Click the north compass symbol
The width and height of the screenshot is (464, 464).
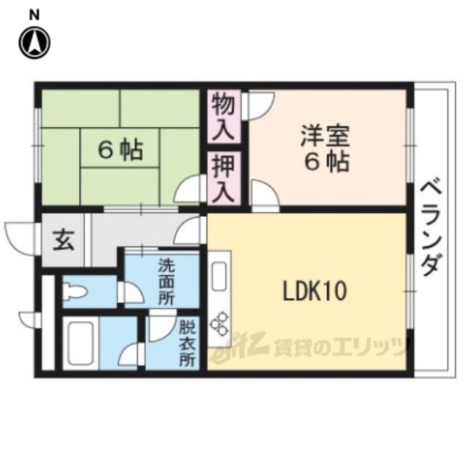click(35, 43)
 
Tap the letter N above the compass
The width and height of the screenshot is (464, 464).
click(35, 16)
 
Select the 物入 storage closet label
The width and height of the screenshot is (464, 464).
click(224, 116)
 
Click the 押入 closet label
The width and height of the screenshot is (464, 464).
click(224, 179)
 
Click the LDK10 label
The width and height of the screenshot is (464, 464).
click(315, 291)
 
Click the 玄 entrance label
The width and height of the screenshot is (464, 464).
click(64, 240)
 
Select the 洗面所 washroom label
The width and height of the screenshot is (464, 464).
click(166, 282)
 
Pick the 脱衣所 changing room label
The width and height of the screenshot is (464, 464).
click(188, 344)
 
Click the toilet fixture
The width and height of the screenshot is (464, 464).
click(74, 292)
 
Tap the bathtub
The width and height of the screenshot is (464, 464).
click(80, 343)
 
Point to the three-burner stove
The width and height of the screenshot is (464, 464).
click(219, 324)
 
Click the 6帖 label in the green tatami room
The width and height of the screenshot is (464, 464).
click(120, 150)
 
